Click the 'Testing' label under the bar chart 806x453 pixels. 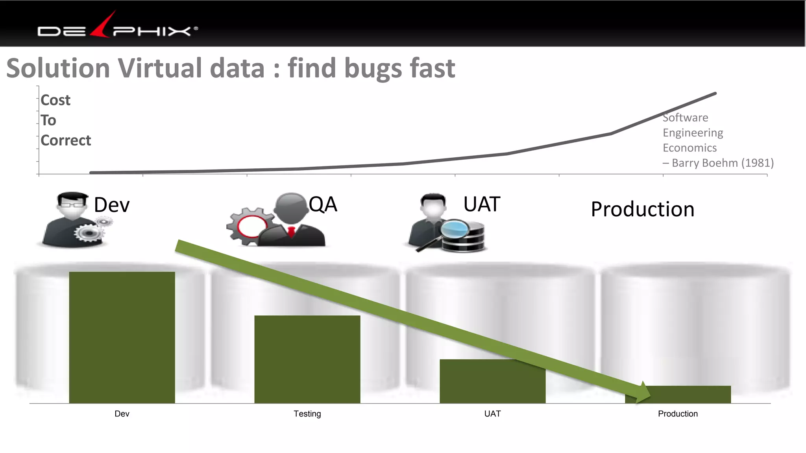tap(307, 414)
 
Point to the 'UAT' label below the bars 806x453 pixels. tap(492, 414)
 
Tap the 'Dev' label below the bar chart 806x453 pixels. tap(122, 414)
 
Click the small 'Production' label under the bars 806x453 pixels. tap(678, 414)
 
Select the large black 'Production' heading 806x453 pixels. tap(642, 209)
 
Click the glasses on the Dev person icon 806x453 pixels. tap(72, 204)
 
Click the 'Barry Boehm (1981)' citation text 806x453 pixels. tap(723, 163)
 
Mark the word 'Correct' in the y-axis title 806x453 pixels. tap(66, 140)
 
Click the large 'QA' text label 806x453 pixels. tap(323, 204)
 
